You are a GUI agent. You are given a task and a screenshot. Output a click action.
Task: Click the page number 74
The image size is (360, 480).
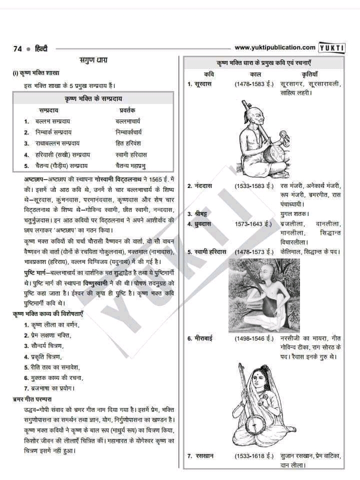pyautogui.click(x=17, y=48)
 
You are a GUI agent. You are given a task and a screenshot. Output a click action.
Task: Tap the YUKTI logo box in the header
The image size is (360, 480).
pyautogui.click(x=332, y=48)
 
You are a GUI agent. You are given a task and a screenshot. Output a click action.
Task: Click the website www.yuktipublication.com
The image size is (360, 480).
pyautogui.click(x=275, y=47)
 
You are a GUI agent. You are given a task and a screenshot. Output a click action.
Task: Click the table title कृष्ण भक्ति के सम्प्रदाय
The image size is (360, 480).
pyautogui.click(x=93, y=97)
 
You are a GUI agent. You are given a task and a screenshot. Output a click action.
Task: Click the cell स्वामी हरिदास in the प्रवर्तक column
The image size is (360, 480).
pyautogui.click(x=131, y=154)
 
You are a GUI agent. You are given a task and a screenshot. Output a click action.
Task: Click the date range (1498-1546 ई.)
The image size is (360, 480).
pyautogui.click(x=254, y=338)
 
